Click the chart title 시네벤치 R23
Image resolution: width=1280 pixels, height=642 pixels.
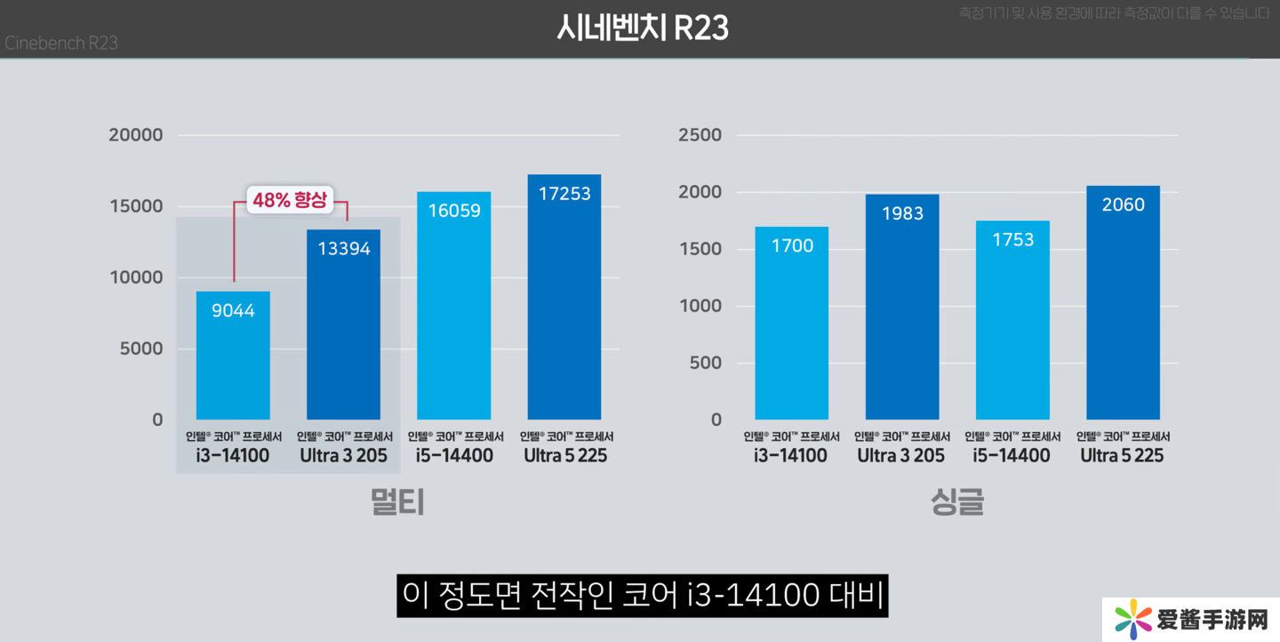642,28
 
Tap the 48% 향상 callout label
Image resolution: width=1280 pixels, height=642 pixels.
290,200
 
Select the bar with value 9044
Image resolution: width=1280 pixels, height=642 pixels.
233,356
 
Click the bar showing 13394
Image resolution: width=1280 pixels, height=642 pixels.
344,325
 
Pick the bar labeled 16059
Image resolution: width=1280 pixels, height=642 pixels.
454,306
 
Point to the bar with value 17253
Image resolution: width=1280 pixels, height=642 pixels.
564,297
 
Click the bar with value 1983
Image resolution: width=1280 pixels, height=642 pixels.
902,307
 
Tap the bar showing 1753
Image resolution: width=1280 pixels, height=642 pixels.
1012,320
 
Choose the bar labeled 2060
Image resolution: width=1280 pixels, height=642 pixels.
1123,302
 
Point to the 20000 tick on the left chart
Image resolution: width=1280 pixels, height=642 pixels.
136,135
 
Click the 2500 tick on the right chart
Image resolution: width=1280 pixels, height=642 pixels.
700,135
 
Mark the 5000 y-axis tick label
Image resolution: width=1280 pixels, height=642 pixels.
141,349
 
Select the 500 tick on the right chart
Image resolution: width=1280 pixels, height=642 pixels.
706,363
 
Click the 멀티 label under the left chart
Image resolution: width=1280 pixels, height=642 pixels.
397,502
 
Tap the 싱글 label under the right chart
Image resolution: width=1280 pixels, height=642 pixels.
957,502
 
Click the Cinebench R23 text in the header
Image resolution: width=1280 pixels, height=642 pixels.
61,43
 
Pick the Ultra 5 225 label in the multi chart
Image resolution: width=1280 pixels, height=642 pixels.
565,456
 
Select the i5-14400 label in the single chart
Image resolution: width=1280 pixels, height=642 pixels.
1012,456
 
